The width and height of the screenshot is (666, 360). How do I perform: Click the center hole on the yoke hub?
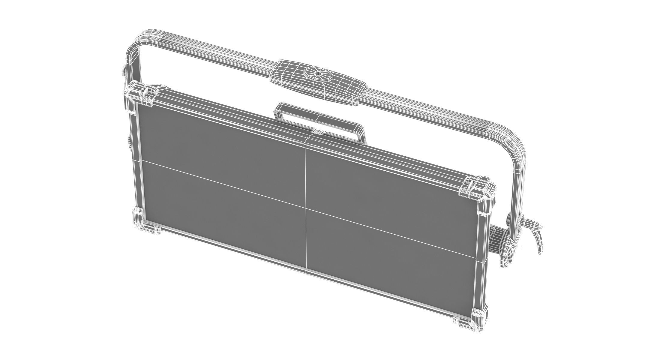click(317, 73)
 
